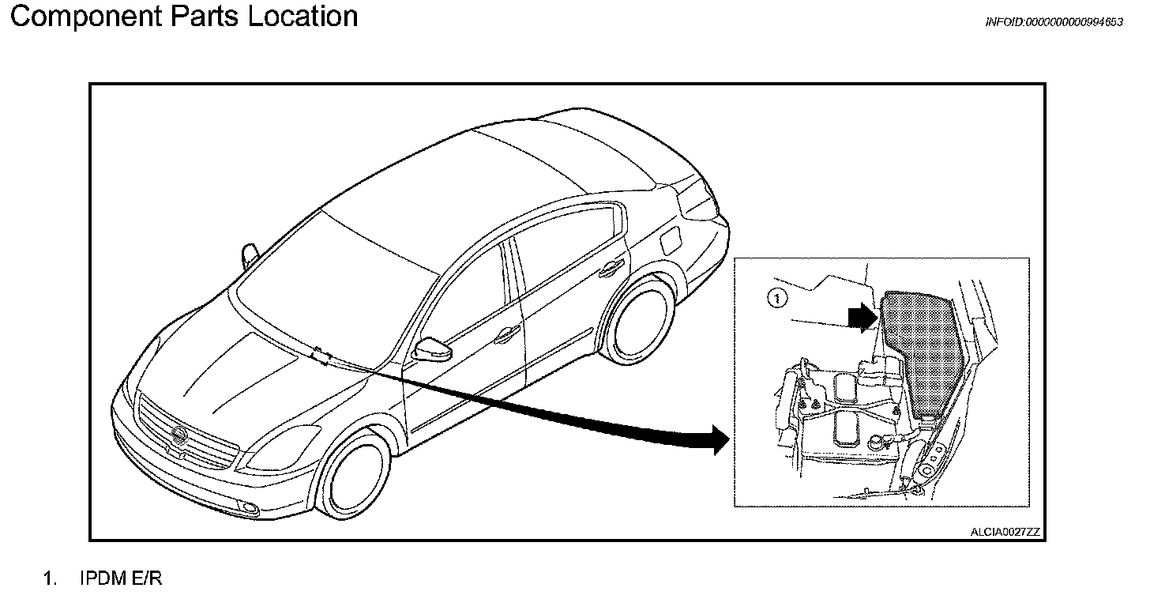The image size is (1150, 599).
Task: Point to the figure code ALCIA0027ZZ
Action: [x=1005, y=532]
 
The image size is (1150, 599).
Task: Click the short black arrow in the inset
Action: [x=862, y=318]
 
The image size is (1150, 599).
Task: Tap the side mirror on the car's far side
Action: [x=250, y=254]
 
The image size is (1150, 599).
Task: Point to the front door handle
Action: [x=502, y=337]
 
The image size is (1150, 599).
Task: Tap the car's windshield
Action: [x=332, y=277]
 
